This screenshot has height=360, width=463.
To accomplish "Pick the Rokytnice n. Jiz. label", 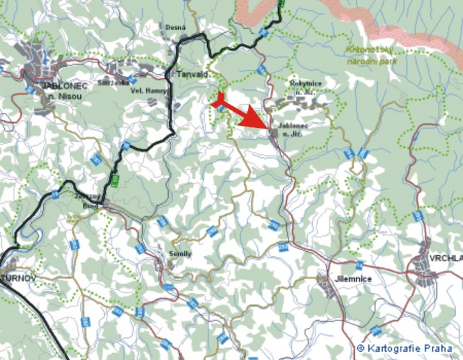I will [303, 86].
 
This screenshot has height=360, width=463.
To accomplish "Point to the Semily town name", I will [180, 254].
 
